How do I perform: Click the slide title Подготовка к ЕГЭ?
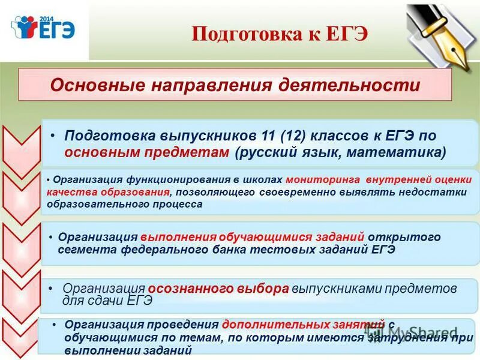coord(279,34)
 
